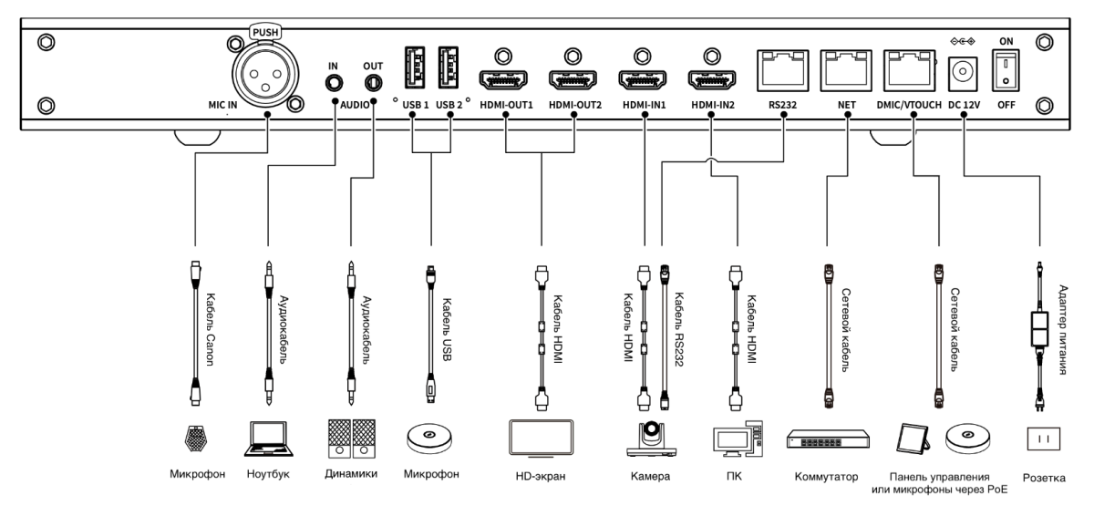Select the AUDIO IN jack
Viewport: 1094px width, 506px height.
pyautogui.click(x=333, y=82)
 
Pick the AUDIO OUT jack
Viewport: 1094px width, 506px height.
pyautogui.click(x=372, y=82)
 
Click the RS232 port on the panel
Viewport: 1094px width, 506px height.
pyautogui.click(x=782, y=66)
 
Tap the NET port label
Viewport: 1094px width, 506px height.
pyautogui.click(x=845, y=105)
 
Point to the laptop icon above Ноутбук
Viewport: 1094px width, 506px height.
pyautogui.click(x=268, y=438)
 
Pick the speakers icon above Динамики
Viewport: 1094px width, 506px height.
pyautogui.click(x=351, y=437)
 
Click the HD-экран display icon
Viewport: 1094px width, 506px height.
pyautogui.click(x=540, y=437)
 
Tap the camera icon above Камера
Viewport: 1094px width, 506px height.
pyautogui.click(x=649, y=438)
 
